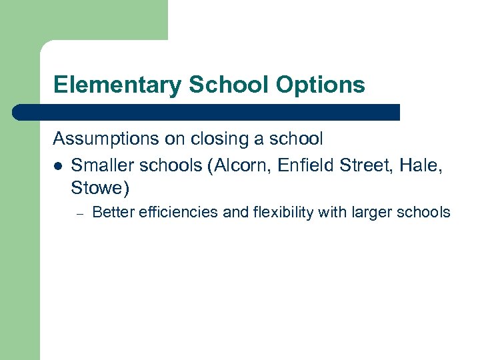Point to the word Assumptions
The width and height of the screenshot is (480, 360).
[x=105, y=139]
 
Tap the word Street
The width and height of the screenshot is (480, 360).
[x=362, y=164]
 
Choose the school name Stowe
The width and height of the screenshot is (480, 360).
[x=97, y=189]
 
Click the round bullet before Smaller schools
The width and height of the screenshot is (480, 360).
[x=58, y=165]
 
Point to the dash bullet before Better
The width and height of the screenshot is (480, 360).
[x=78, y=213]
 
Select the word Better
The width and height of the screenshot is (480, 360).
[x=111, y=213]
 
